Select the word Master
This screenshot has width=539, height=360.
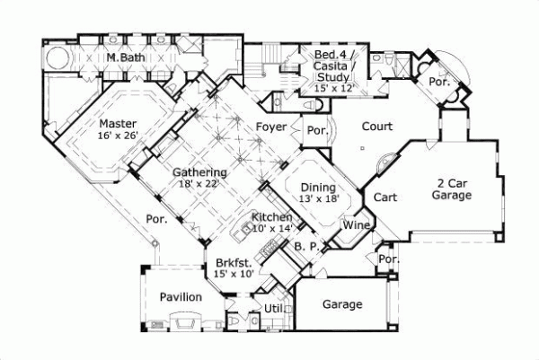coord(117,123)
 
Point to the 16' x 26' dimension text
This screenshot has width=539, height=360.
coord(117,136)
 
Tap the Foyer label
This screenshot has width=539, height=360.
coord(271,127)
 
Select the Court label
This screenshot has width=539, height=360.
coord(376,127)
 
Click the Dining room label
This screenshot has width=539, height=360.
coord(317,186)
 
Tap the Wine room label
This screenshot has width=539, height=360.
coord(358,225)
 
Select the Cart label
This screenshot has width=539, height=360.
coord(385,197)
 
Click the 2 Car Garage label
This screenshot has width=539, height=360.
coord(451,189)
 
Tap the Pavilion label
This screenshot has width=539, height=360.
coord(181,297)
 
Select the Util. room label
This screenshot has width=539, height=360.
coord(274,308)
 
